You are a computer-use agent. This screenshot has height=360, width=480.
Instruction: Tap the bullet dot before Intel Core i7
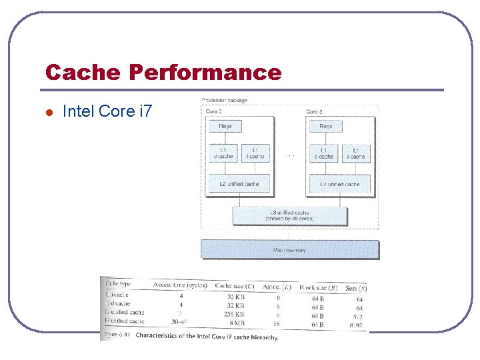48,111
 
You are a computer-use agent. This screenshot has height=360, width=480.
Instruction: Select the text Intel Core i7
107,111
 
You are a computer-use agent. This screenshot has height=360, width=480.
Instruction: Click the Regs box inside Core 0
225,126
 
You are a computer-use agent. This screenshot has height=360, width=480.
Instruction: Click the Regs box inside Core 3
326,126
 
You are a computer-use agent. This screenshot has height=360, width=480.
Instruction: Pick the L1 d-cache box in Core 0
221,153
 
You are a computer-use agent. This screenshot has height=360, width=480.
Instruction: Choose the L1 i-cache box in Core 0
254,153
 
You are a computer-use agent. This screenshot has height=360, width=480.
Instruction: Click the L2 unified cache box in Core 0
239,184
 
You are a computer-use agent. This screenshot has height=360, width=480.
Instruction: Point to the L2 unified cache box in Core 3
339,184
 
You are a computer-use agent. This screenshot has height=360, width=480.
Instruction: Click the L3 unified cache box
289,215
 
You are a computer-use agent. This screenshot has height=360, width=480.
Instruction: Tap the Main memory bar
290,250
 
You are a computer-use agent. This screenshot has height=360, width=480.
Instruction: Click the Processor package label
225,101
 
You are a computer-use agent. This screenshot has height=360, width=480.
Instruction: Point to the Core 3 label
315,112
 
